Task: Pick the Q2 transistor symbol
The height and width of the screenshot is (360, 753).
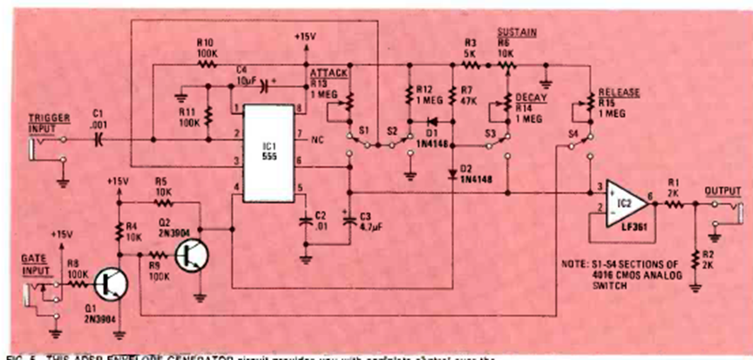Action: (192, 254)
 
